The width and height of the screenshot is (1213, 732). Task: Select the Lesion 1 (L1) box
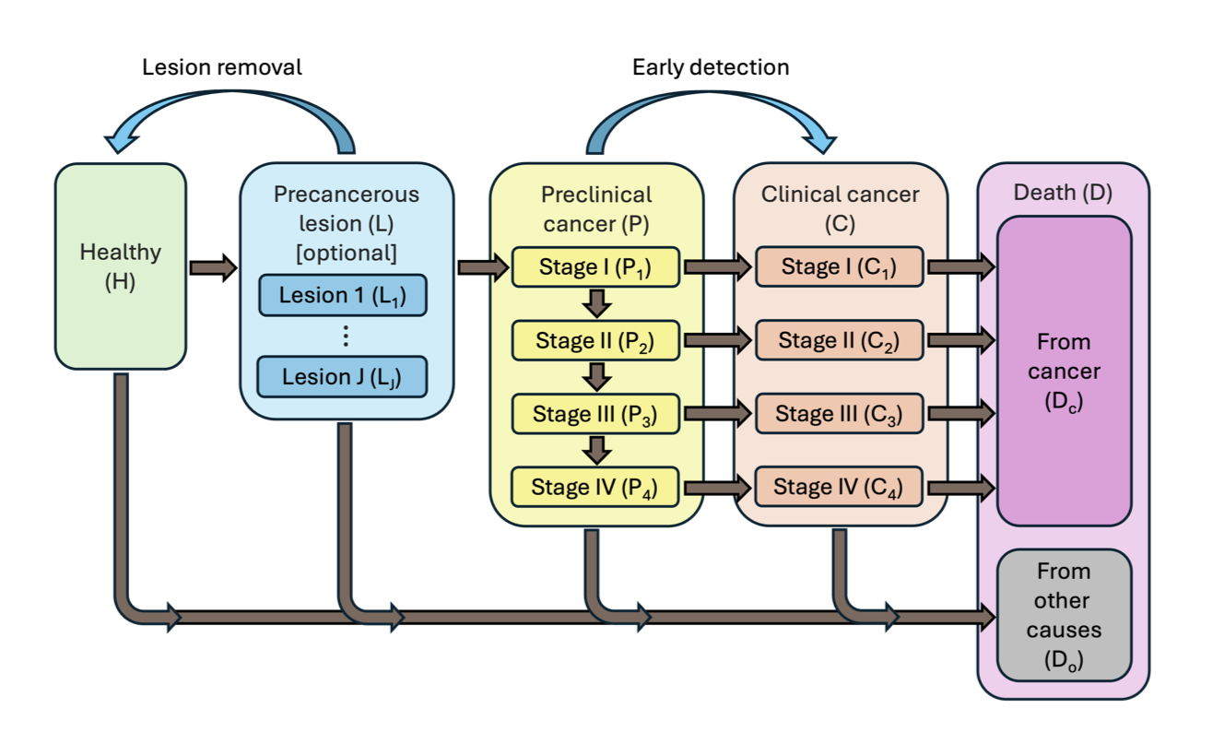coord(342,295)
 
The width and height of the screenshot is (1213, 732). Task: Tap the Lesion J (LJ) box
coord(342,376)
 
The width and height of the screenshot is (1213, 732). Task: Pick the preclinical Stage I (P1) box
coord(596,266)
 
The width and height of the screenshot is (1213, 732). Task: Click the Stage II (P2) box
coord(596,340)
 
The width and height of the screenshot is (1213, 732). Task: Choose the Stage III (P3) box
coord(596,413)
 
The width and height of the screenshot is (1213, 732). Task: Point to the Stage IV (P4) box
coord(596,487)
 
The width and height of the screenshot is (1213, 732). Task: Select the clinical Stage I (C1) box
coord(839,266)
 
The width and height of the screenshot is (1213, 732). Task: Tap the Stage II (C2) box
coord(839,340)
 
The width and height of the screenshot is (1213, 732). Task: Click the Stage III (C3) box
coord(839,413)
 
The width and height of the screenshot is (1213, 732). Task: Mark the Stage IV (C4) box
coord(839,487)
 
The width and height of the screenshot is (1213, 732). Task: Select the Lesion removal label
coord(222,67)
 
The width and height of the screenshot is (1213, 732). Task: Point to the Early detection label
coord(710,67)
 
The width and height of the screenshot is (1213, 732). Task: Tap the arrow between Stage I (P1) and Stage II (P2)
coord(598,302)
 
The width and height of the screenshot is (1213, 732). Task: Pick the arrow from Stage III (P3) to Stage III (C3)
coord(718,414)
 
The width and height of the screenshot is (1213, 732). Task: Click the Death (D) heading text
coord(1063,194)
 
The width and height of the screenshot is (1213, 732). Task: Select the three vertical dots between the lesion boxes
coord(346,336)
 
